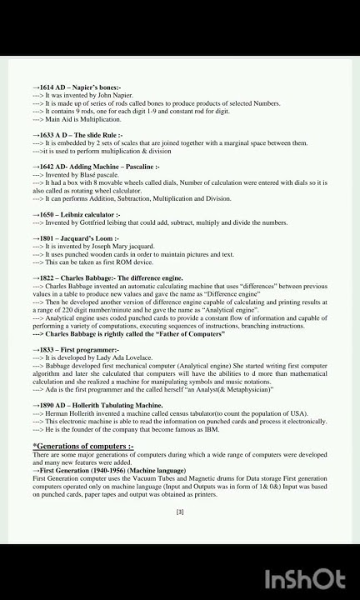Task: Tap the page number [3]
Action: [180, 512]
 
